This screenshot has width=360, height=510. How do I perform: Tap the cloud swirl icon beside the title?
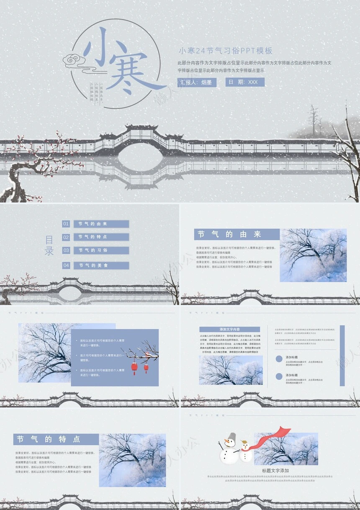click(75, 62)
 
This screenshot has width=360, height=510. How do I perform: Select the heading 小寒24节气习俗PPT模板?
click(226, 51)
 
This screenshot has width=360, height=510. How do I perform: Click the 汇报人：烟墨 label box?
click(197, 82)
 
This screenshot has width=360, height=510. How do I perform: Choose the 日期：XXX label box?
click(245, 82)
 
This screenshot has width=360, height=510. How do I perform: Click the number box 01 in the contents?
click(66, 224)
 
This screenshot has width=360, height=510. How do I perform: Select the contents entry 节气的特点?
click(101, 237)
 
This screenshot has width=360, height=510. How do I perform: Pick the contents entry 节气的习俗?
click(101, 250)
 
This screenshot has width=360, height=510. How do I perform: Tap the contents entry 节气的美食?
click(101, 265)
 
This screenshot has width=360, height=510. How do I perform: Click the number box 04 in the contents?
click(66, 265)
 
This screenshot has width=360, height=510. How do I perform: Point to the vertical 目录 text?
click(49, 246)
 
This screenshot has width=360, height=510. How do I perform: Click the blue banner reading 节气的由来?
click(237, 234)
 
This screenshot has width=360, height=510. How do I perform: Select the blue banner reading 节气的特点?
click(56, 439)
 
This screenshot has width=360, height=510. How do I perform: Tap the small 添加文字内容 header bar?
click(229, 329)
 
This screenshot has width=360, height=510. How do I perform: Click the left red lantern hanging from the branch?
click(134, 366)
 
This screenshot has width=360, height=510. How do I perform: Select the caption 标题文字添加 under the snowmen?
click(275, 471)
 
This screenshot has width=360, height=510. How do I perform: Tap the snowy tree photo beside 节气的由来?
click(313, 255)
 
